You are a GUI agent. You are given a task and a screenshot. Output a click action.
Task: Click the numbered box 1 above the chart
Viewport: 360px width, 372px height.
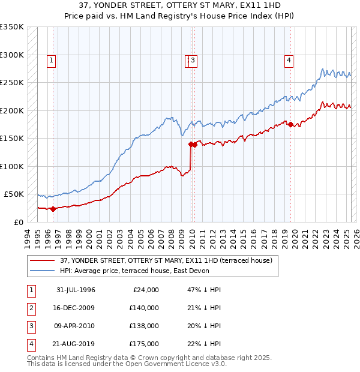[52, 60]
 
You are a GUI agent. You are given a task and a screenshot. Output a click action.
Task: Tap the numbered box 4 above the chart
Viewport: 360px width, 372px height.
[289, 60]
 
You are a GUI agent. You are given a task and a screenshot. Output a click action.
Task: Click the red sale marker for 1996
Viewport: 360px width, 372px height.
[53, 209]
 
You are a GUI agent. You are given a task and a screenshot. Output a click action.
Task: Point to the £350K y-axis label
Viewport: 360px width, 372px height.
[12, 27]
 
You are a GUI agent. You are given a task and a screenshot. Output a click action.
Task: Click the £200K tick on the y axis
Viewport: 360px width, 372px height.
[12, 110]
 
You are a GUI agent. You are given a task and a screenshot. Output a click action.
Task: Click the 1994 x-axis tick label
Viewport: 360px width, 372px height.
[27, 238]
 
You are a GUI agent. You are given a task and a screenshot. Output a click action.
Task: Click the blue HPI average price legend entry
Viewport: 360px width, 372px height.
[150, 271]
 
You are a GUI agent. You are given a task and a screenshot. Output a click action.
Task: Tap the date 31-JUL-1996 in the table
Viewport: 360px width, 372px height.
[76, 290]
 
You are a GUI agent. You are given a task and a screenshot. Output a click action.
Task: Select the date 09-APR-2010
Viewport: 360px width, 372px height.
[76, 326]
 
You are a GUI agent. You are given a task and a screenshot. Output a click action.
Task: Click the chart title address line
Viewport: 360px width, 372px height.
[180, 5]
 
